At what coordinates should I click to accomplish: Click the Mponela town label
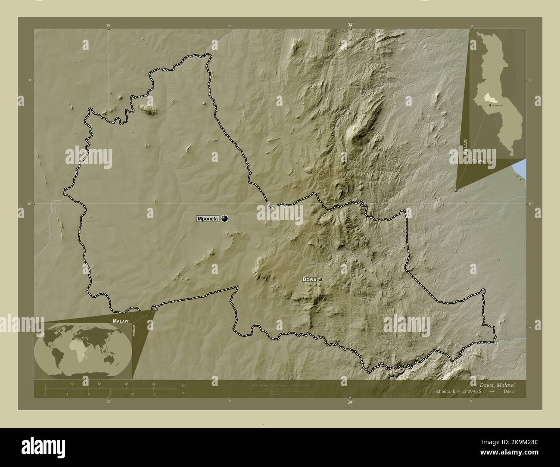pyautogui.click(x=208, y=218)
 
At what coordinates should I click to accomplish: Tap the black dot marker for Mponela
pyautogui.click(x=224, y=219)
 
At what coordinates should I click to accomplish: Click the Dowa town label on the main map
pyautogui.click(x=309, y=280)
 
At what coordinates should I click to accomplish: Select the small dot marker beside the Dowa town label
pyautogui.click(x=320, y=280)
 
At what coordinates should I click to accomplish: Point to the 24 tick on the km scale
pyautogui.click(x=153, y=383)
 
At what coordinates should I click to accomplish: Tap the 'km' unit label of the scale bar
pyautogui.click(x=184, y=385)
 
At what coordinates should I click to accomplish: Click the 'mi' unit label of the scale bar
pyautogui.click(x=184, y=392)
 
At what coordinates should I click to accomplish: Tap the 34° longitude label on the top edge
pyautogui.click(x=350, y=26)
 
